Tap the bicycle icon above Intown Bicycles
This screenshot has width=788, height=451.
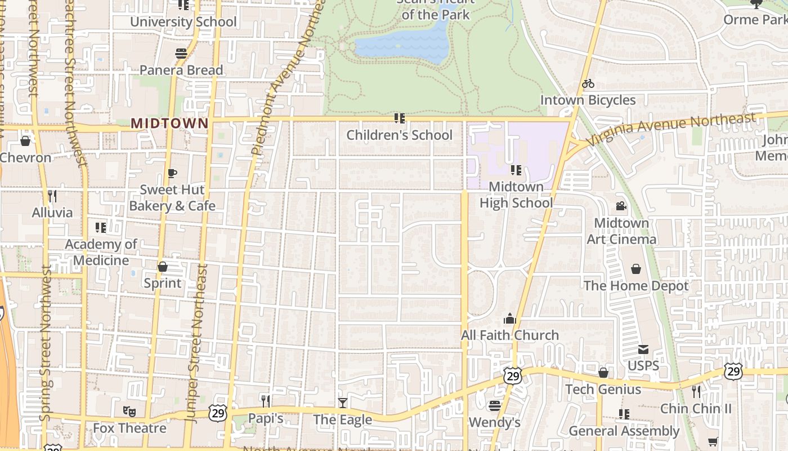(x=588, y=83)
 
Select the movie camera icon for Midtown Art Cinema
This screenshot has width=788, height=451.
(x=621, y=206)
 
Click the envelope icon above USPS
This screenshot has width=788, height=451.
(x=643, y=350)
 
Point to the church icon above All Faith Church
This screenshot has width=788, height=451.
(x=510, y=319)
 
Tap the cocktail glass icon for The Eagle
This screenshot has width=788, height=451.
(x=342, y=403)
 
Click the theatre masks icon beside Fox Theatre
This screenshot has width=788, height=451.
(x=129, y=412)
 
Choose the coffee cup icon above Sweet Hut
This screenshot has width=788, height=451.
(x=172, y=173)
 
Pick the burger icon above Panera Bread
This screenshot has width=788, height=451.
(x=181, y=54)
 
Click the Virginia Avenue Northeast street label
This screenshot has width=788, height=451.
(x=670, y=129)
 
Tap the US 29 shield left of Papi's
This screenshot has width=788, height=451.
(x=218, y=413)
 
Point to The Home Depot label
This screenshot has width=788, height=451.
(x=636, y=286)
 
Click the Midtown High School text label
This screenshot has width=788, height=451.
(x=516, y=194)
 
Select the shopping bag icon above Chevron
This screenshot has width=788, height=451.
(x=25, y=140)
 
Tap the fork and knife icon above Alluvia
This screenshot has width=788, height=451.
(x=52, y=196)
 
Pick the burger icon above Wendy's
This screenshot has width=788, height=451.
(x=495, y=405)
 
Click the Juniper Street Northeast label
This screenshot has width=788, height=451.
(x=196, y=344)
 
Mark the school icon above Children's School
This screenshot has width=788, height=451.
(x=400, y=118)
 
